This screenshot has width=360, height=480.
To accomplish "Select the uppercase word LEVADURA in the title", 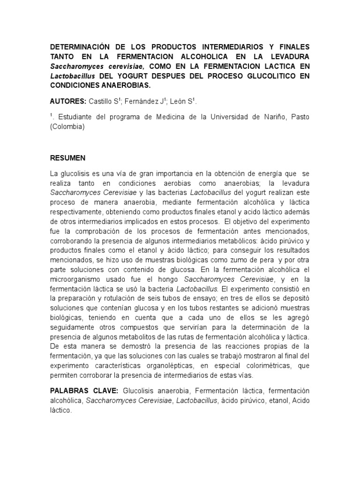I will (286, 57).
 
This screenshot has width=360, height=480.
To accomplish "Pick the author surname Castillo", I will (102, 101).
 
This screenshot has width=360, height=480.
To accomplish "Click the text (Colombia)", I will (67, 127).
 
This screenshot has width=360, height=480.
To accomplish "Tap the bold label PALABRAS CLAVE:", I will (85, 390).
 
